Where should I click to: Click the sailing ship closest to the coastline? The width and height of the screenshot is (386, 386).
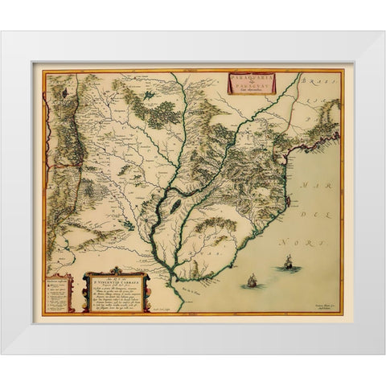click(x=251, y=280)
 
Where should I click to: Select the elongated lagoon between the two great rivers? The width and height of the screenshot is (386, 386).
click(x=172, y=207)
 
